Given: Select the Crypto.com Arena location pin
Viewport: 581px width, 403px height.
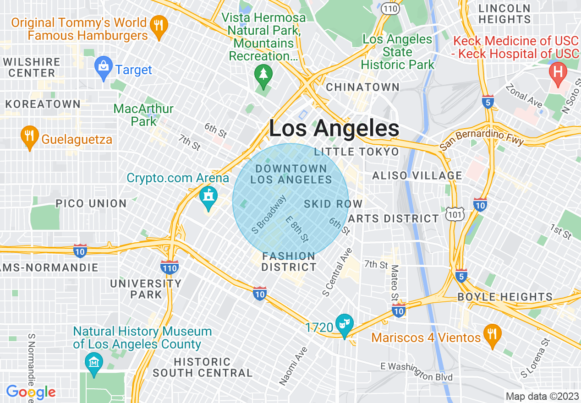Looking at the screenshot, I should click(x=209, y=197).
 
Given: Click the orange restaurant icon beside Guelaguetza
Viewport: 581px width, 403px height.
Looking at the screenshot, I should click(x=29, y=136).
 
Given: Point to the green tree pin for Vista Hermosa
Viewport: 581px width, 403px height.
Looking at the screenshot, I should click(x=263, y=75).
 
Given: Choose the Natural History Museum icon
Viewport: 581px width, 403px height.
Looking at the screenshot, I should click(x=94, y=362).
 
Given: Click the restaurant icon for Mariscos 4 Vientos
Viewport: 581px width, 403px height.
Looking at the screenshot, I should click(x=492, y=335).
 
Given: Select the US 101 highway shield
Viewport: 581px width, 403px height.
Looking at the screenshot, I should click(x=454, y=213).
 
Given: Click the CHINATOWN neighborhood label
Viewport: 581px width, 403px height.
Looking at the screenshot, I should click(x=362, y=87).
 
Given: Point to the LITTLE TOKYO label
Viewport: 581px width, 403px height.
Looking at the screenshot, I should click(x=356, y=152).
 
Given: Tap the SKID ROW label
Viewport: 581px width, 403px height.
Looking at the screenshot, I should click(x=333, y=204).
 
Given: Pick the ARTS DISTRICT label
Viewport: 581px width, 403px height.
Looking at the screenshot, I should click(x=393, y=218).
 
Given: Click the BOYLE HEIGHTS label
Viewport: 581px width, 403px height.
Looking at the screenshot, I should click(x=505, y=297).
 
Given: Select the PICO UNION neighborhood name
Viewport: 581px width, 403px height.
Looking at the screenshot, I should click(x=91, y=203).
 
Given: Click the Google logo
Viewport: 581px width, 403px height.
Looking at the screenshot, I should click(x=31, y=392).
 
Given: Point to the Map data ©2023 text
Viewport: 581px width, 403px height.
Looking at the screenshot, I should click(x=541, y=396).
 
